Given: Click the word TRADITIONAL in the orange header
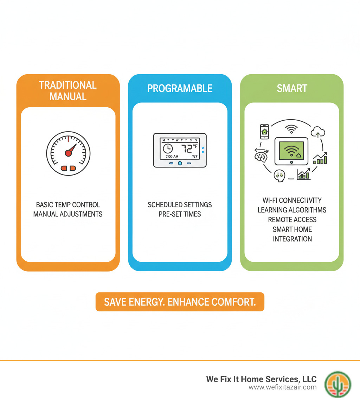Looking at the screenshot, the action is [67, 85].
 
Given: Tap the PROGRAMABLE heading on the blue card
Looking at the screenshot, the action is [180, 88].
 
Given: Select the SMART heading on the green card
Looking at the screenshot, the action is [292, 88].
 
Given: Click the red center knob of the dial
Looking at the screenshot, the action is [68, 153].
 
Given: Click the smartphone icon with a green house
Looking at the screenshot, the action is [264, 132].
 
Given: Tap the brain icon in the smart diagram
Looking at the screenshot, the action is [261, 156].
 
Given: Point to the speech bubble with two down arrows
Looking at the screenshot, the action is [279, 175].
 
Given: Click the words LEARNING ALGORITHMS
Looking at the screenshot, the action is [292, 210].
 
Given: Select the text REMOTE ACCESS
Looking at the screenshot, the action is [292, 220].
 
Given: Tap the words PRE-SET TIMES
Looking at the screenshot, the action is [180, 214].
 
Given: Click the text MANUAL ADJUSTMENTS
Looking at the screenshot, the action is [68, 214].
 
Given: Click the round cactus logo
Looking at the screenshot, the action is [337, 384].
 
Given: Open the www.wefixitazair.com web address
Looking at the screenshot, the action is [283, 387].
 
